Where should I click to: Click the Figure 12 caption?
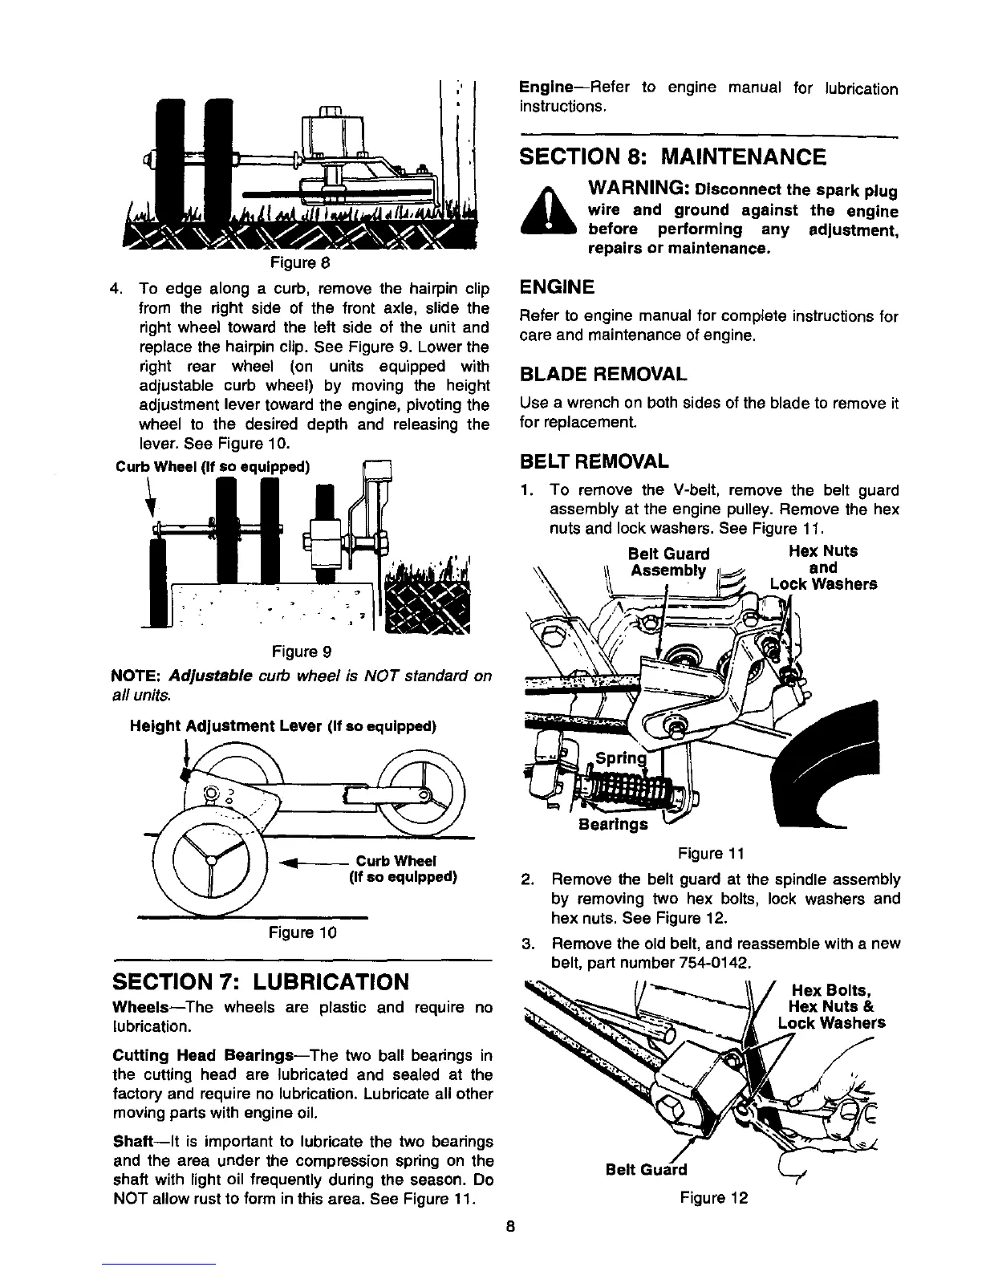pyautogui.click(x=713, y=1198)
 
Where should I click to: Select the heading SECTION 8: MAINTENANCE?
pyautogui.click(x=672, y=156)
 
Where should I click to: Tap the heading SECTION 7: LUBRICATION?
pyautogui.click(x=262, y=981)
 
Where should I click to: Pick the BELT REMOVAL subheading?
pyautogui.click(x=594, y=461)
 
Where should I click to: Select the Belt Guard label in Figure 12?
pyautogui.click(x=646, y=1170)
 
